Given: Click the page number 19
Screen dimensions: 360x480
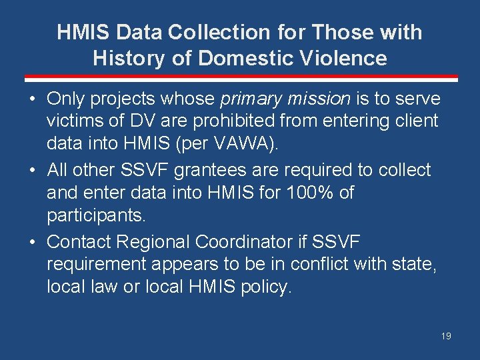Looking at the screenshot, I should click(x=446, y=336).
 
